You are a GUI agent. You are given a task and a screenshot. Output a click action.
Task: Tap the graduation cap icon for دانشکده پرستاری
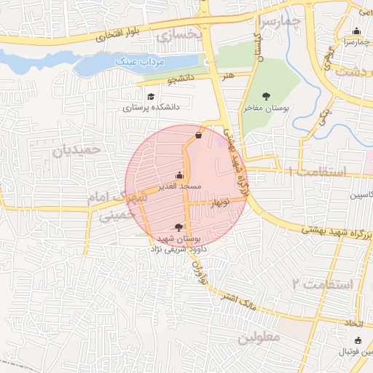point(151,97)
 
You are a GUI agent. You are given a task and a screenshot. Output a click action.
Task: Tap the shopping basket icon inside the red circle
point(199,135)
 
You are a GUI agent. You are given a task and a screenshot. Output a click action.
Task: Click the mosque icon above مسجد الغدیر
point(180,175)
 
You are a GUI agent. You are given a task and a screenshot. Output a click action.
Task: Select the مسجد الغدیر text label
point(180,187)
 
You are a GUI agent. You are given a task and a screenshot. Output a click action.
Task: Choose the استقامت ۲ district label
point(321,283)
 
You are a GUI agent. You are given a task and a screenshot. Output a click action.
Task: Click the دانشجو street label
point(181,78)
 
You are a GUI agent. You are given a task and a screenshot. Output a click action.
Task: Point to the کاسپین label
point(361,196)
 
